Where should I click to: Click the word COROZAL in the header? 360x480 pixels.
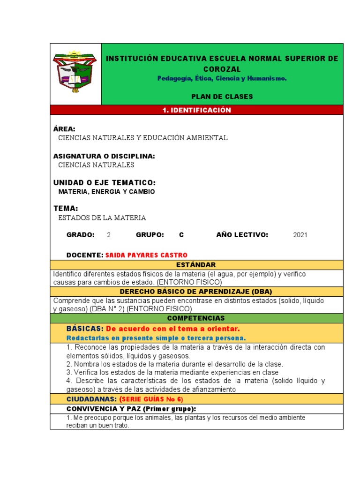tap(222, 69)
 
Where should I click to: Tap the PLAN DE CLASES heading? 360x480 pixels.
tap(222, 97)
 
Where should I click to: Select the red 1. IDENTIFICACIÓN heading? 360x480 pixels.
tap(196, 110)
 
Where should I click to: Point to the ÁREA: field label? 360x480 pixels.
tap(64, 129)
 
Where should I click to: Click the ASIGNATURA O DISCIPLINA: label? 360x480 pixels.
tap(104, 156)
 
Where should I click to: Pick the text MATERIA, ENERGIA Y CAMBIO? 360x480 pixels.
tap(106, 192)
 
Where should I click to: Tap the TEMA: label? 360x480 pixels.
tap(66, 208)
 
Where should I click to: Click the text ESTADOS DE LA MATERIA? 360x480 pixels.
tap(102, 218)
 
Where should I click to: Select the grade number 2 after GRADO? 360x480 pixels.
tap(109, 235)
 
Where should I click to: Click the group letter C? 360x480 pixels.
tap(181, 235)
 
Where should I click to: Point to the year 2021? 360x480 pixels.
tap(300, 235)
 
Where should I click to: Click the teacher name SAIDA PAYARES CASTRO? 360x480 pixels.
tap(146, 255)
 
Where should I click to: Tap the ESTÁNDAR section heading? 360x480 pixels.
tap(196, 265)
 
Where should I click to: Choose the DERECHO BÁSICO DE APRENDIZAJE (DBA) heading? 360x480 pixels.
tap(196, 292)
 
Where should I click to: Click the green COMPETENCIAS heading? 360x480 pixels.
tap(196, 318)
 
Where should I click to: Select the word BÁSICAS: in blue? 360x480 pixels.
tap(85, 329)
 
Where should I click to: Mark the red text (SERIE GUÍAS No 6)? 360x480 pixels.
tap(151, 399)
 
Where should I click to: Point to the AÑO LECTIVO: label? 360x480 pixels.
tap(242, 235)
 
